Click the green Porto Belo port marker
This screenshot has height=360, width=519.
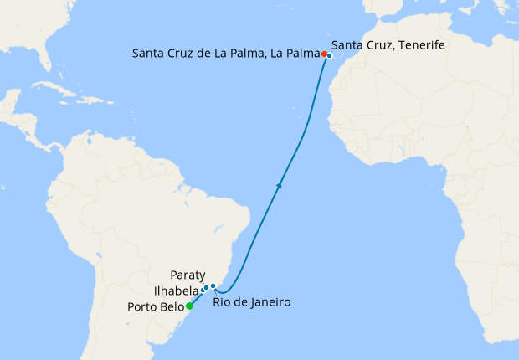[x=189, y=306]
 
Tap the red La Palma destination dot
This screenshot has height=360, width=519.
[x=324, y=54]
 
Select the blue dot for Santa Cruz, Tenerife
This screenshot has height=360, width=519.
[x=330, y=56]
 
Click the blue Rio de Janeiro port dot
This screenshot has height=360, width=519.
[x=213, y=286]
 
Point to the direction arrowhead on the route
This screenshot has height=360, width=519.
[x=278, y=184]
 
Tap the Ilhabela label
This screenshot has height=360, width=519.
[x=176, y=291]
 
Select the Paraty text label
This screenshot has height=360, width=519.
[x=187, y=275]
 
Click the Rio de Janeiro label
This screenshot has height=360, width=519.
[x=251, y=301]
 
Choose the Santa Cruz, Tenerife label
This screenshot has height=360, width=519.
[x=388, y=45]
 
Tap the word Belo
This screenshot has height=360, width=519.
[x=172, y=306]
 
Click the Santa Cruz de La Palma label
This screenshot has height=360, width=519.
[x=226, y=54]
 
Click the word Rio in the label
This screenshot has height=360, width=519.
[x=221, y=301]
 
